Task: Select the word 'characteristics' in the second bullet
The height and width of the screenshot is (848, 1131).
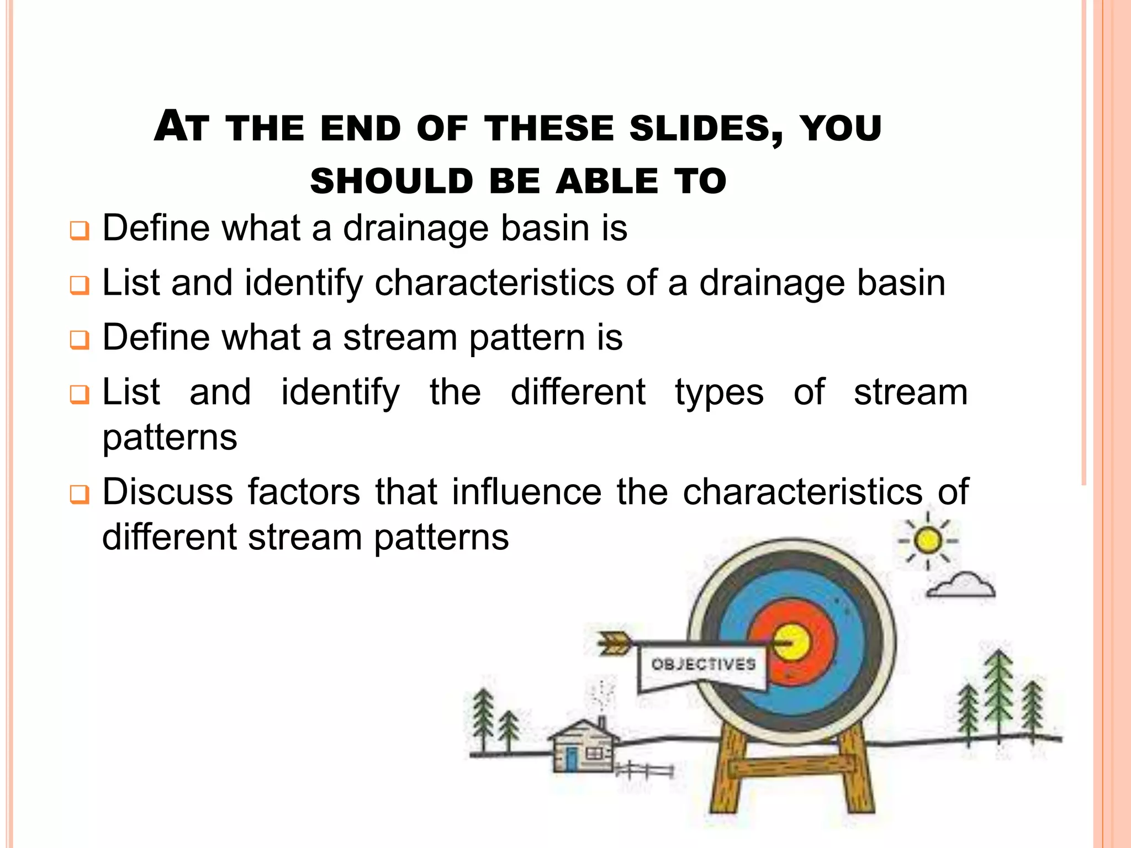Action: click(x=494, y=283)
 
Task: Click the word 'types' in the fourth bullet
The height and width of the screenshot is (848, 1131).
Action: click(x=719, y=393)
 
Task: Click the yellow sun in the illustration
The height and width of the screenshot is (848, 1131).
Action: click(x=928, y=540)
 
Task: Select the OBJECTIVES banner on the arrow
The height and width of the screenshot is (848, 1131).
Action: click(x=703, y=665)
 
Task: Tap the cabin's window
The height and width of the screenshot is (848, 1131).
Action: click(x=594, y=754)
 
